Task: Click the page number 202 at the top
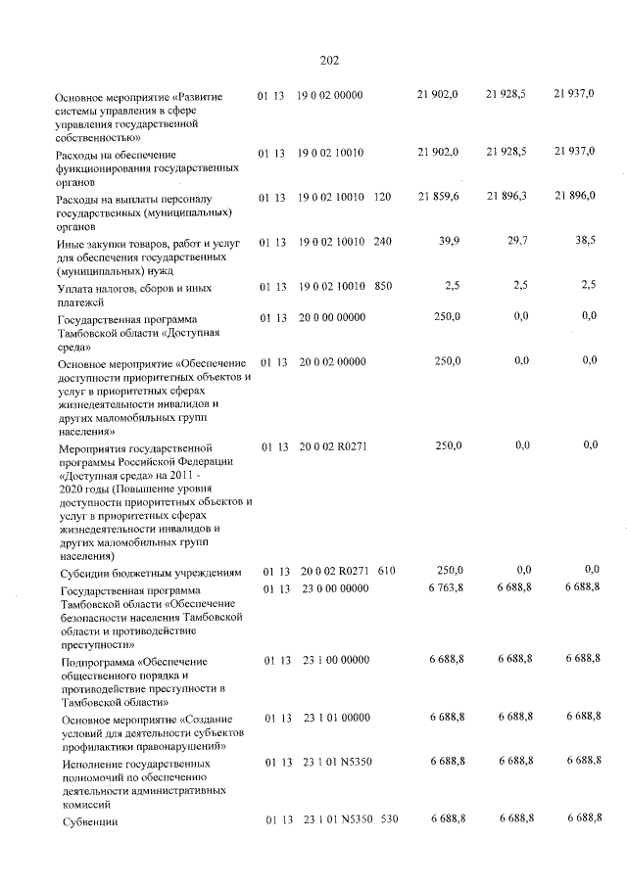tap(329, 60)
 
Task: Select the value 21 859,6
tap(438, 197)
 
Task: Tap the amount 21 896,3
tap(506, 197)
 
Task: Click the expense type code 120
tap(382, 197)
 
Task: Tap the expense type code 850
tap(382, 286)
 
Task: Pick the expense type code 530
tap(389, 818)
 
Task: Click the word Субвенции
tap(89, 821)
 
